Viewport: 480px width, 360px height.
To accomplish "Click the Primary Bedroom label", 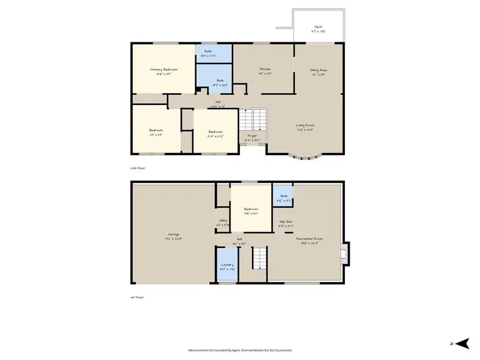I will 163,69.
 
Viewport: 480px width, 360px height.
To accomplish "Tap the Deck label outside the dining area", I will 318,27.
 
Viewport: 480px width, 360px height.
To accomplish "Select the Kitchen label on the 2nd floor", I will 265,69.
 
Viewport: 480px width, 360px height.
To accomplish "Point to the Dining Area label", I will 318,70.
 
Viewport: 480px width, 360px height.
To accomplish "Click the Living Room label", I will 305,125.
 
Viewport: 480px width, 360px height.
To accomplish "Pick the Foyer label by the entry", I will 251,136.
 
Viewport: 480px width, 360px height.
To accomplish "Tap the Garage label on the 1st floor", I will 173,234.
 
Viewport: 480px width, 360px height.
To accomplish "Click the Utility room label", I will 223,221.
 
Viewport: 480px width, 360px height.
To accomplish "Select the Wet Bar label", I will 285,221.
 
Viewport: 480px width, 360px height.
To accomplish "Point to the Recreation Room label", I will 309,238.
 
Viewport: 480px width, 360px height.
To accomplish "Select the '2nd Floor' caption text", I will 138,167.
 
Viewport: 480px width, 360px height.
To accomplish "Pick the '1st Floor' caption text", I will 138,297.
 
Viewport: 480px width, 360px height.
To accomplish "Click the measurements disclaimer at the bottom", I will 239,350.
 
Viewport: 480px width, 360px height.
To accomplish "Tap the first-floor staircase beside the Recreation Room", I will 258,259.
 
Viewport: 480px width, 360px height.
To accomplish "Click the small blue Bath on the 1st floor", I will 281,196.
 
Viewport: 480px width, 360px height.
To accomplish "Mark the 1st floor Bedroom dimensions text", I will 251,213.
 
